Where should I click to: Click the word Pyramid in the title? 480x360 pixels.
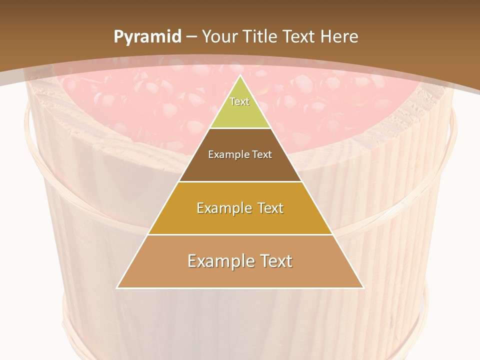(x=147, y=37)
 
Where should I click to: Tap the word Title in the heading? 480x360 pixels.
(x=259, y=36)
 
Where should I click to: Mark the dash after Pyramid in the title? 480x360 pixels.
(x=191, y=37)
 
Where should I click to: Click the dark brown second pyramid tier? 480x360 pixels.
(x=240, y=167)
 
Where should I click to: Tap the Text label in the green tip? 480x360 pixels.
(x=239, y=101)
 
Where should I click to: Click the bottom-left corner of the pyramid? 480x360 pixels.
(x=117, y=288)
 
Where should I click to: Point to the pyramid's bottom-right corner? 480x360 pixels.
(x=363, y=288)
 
